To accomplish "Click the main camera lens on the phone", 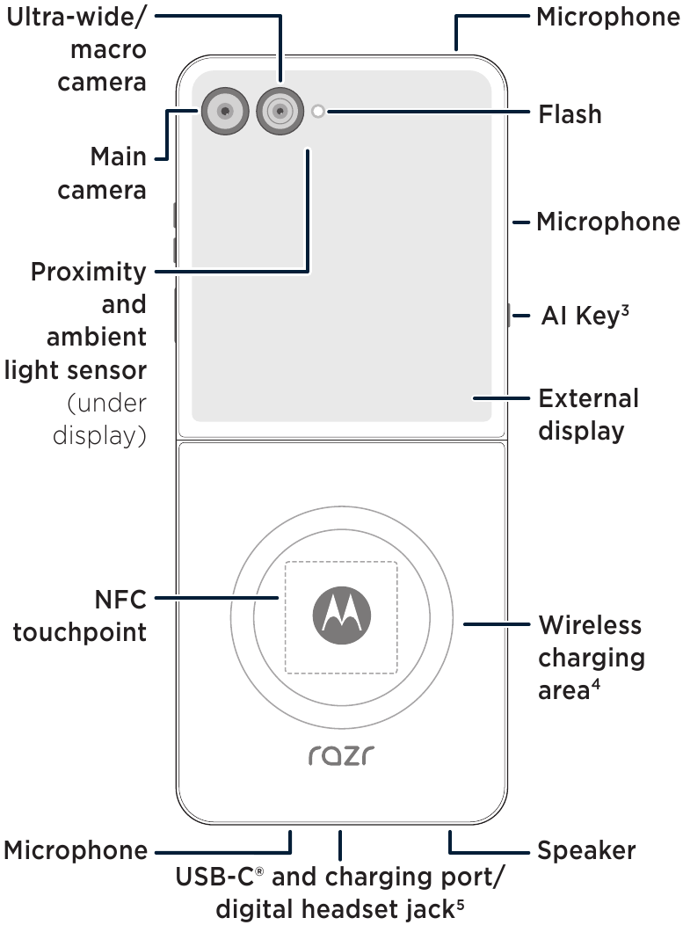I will [x=226, y=111].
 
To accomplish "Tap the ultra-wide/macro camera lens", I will [x=280, y=111].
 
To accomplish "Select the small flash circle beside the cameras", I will [x=318, y=111].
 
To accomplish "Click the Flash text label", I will [x=570, y=114].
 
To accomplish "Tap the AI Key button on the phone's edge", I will [x=508, y=316].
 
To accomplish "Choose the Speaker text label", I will [x=586, y=851].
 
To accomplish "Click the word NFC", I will [x=120, y=601].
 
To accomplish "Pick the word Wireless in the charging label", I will [x=590, y=626].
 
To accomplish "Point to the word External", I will [x=588, y=399].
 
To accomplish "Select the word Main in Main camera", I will [x=118, y=158].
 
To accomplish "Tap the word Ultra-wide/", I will [x=76, y=18].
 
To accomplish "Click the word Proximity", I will [x=89, y=273].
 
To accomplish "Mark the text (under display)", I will [x=99, y=419].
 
